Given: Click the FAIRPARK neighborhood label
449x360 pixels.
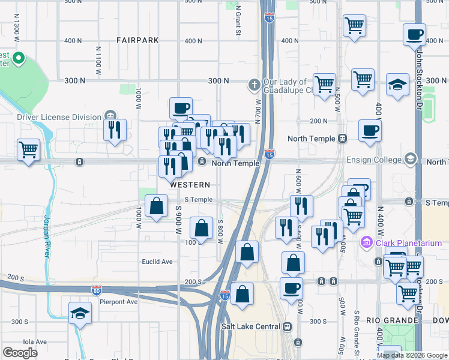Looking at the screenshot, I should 138,40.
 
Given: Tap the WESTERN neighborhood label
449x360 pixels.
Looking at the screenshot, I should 190,185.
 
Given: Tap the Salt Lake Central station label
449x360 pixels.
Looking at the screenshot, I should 250,326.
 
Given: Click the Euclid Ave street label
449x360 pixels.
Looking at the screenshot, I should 157,262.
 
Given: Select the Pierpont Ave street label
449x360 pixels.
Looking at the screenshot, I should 119,302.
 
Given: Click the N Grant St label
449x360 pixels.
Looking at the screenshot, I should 238,20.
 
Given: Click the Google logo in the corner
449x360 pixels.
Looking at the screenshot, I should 20,353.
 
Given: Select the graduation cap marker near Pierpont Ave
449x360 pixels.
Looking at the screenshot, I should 80,313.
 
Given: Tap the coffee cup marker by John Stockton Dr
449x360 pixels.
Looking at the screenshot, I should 414,34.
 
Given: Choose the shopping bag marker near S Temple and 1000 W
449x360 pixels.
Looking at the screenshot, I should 157,206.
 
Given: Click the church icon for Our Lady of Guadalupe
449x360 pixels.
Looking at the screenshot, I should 255,85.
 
